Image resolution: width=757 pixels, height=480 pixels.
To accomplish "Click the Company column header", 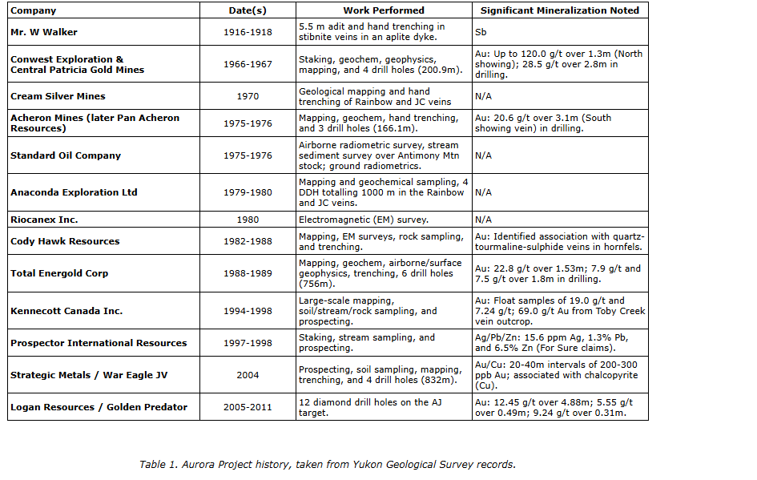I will (33, 10).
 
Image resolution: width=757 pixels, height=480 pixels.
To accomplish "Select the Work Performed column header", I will (384, 10).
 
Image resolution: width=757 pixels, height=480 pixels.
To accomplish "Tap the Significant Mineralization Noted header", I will (559, 10).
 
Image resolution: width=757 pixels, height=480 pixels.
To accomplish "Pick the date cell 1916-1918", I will (248, 32).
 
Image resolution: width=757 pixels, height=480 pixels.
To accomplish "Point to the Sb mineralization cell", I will (481, 32).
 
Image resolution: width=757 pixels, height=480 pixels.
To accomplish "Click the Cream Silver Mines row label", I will (58, 96).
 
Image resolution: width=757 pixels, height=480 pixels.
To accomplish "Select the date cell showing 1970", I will (248, 96).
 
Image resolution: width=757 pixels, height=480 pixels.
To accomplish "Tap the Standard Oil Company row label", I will (66, 155).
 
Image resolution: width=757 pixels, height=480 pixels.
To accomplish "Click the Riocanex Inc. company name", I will (44, 220).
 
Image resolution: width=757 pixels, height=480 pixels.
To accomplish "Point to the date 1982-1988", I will (248, 241).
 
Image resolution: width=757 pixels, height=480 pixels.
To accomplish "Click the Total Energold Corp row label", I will (59, 273).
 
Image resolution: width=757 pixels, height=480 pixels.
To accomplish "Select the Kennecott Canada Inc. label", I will (66, 311).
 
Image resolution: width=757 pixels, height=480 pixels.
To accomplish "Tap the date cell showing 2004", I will (248, 375).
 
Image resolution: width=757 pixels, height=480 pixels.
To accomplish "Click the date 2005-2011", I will (248, 407).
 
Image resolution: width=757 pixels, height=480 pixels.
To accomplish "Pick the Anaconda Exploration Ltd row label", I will (74, 192).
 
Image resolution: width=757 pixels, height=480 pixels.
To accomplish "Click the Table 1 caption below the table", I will (328, 464).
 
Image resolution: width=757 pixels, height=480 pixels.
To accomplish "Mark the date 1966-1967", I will (248, 64).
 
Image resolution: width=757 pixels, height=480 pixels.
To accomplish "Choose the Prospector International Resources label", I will (99, 343).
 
